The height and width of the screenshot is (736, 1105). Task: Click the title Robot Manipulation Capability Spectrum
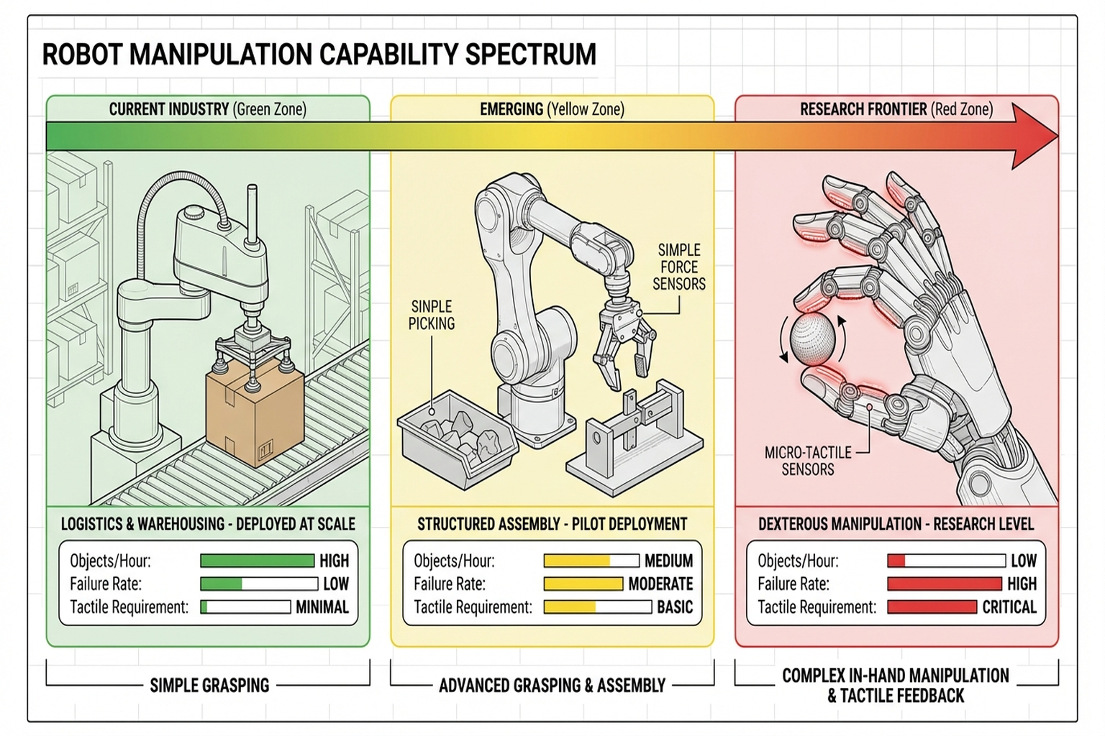tap(319, 55)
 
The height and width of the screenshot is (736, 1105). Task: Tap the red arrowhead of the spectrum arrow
tap(1034, 136)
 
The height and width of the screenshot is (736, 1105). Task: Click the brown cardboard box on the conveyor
tap(254, 413)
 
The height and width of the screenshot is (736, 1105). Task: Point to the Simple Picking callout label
tap(432, 315)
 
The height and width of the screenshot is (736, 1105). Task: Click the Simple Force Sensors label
tap(678, 267)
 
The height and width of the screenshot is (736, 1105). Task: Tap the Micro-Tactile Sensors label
tap(808, 461)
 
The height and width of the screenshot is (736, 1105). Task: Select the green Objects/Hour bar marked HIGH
tap(257, 561)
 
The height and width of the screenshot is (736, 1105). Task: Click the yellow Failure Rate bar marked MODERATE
tap(583, 584)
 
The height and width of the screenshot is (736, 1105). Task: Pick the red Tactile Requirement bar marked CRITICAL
tap(932, 607)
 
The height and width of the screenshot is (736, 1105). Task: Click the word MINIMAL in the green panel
tap(322, 607)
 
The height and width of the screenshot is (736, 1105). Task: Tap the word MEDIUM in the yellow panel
tap(668, 561)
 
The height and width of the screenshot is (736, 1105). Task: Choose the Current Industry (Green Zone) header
tap(208, 109)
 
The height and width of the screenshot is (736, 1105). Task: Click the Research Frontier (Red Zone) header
tap(896, 109)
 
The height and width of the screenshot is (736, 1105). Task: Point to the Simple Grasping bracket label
tap(209, 685)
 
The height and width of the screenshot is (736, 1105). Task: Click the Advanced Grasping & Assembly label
tap(552, 685)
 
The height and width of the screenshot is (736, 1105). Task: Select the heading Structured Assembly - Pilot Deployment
tap(552, 524)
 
